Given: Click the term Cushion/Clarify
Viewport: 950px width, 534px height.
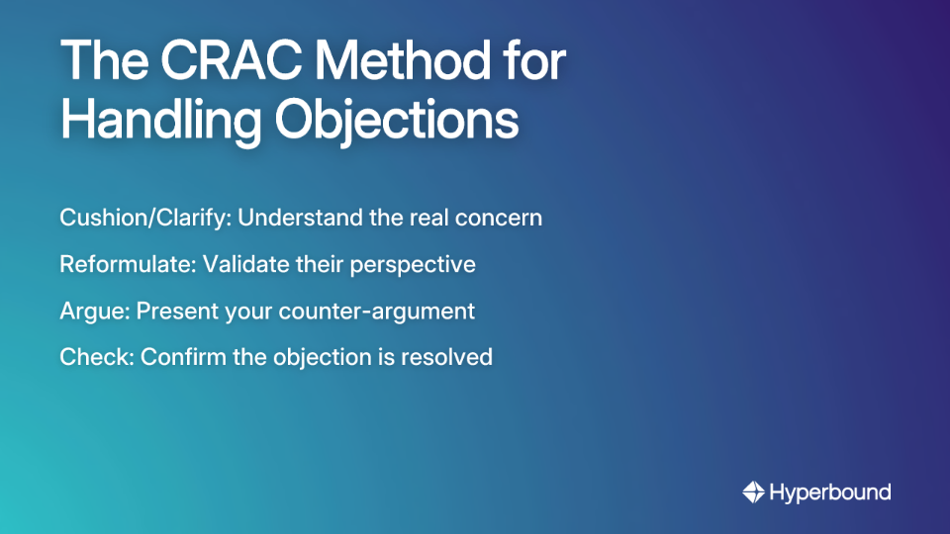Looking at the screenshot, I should (x=144, y=218).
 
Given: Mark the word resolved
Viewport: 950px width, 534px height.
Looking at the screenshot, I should (x=452, y=357).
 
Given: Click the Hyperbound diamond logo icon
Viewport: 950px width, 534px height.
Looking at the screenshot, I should (x=753, y=491).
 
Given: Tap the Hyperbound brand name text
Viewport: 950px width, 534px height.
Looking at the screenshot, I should (x=830, y=491).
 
